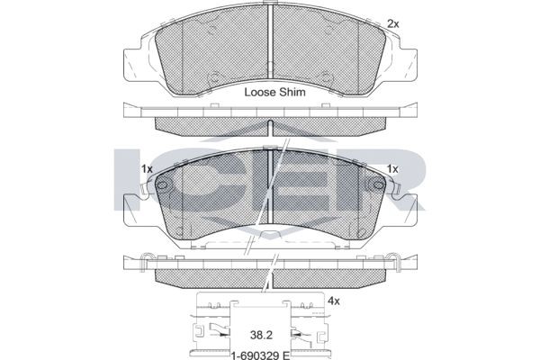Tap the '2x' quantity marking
tap(392, 22)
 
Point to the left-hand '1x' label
tap(148, 168)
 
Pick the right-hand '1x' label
tap(392, 168)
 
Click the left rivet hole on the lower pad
tap(163, 186)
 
